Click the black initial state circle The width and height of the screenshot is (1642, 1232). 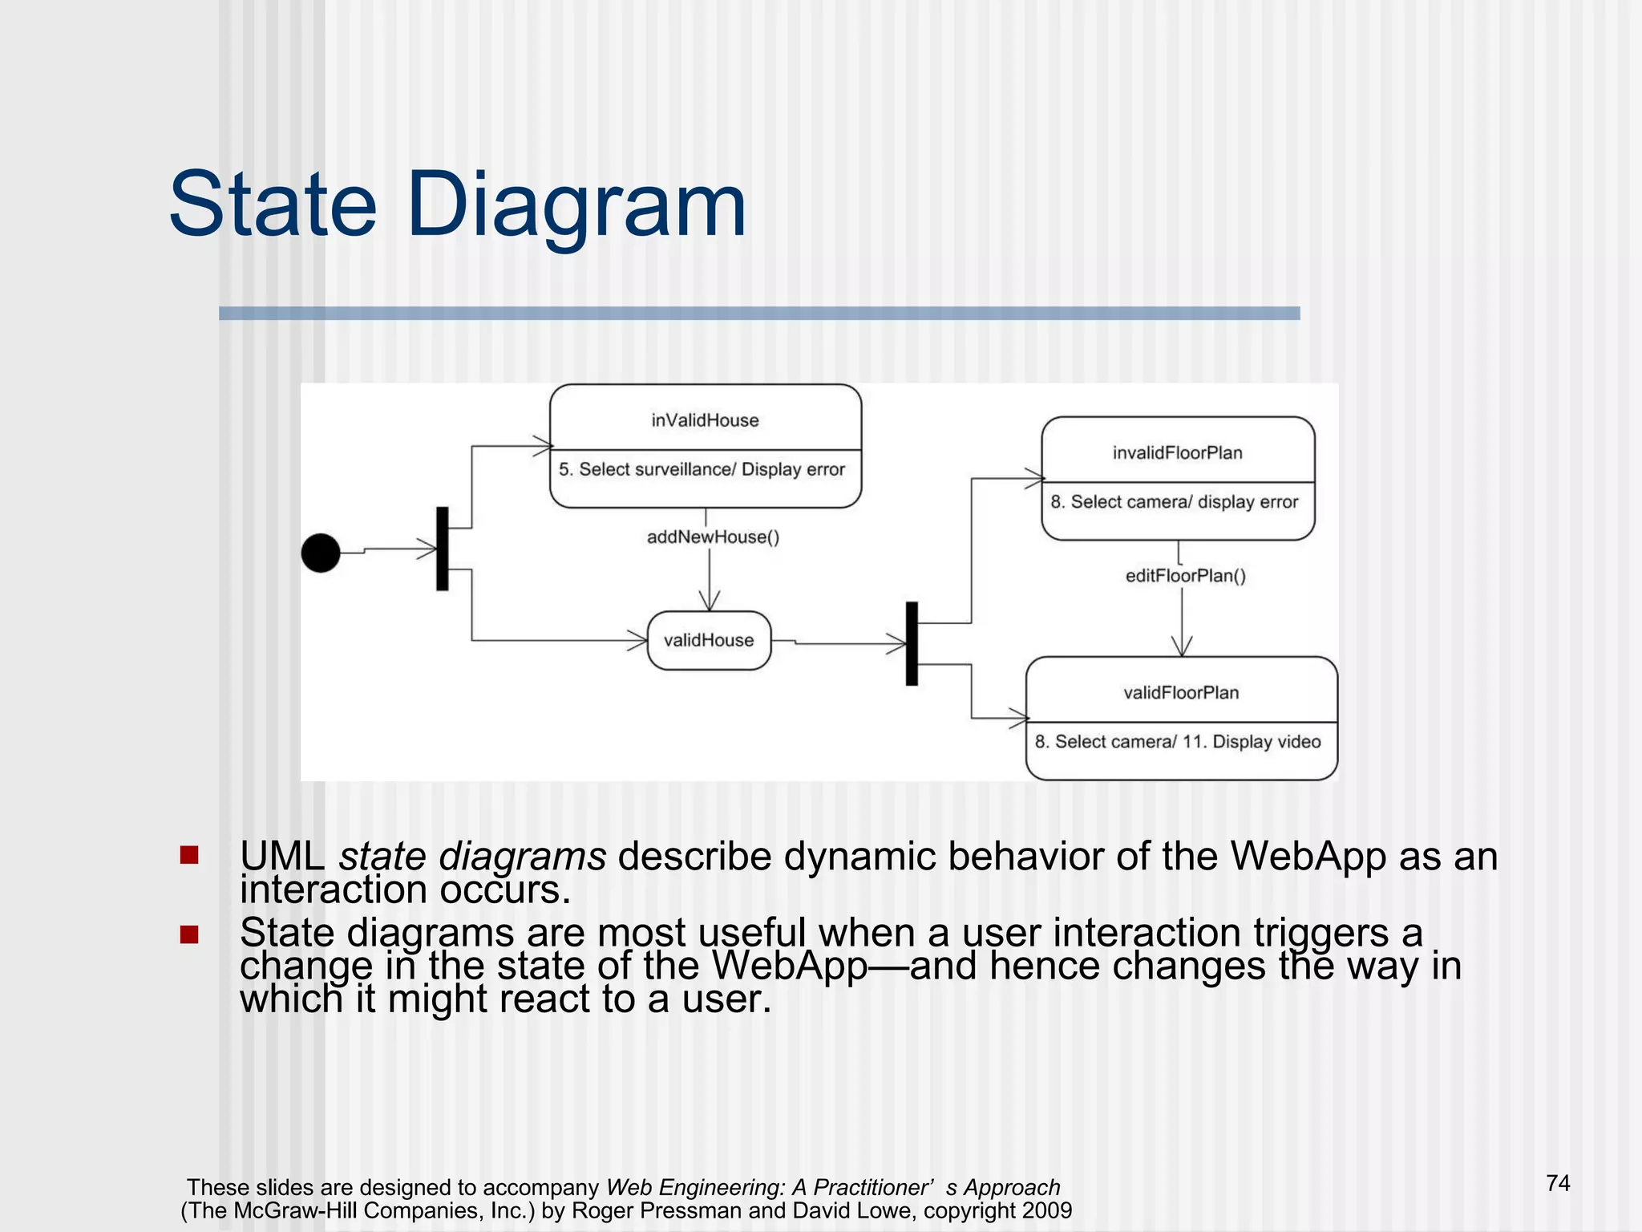[321, 553]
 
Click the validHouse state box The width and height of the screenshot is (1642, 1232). [709, 640]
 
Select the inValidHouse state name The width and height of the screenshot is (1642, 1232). [705, 420]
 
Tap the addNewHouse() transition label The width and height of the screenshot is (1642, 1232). [713, 537]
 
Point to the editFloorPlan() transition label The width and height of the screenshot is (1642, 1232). [1185, 576]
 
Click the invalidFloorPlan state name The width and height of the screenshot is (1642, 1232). [1177, 453]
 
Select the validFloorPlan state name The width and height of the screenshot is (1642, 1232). [1181, 693]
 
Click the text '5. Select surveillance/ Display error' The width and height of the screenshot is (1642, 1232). [702, 469]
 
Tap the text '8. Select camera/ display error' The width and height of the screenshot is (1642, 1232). [1174, 502]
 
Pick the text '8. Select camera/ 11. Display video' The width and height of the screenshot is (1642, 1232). [1177, 742]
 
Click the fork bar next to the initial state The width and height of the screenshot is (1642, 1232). [443, 549]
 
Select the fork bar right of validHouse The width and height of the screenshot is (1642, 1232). [912, 643]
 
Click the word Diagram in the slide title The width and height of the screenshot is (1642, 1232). [577, 205]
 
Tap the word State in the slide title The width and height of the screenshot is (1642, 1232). [273, 205]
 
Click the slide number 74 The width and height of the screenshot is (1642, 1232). [1558, 1183]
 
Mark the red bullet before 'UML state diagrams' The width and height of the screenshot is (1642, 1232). [189, 855]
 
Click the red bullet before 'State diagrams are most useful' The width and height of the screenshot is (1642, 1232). [189, 934]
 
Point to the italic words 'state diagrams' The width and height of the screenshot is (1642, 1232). [472, 857]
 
